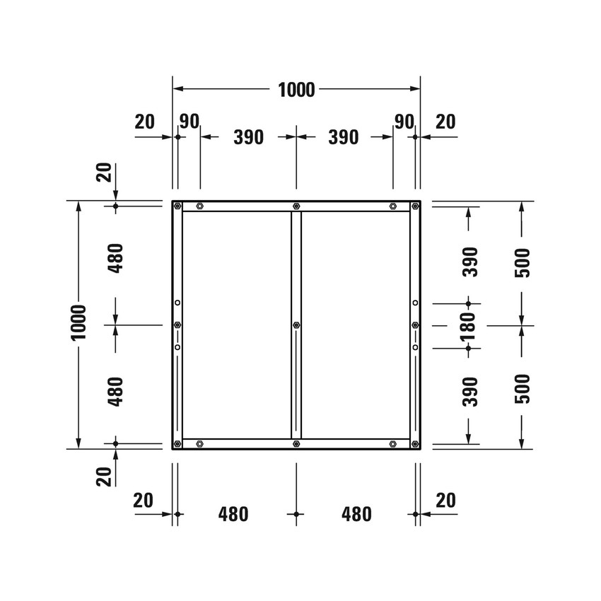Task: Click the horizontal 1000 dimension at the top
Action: coord(296,90)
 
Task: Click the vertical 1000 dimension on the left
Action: coord(78,322)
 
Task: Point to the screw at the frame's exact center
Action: coord(296,325)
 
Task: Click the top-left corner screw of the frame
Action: coord(177,206)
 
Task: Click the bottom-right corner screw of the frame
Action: coord(415,444)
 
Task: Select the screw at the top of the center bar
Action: coord(296,206)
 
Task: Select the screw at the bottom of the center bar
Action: coord(296,444)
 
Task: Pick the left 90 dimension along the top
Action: coord(189,121)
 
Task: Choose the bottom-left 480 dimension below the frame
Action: coord(234,514)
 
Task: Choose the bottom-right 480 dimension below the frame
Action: coord(356,514)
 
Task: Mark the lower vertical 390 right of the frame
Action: coord(469,391)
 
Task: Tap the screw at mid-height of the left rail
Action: coord(177,325)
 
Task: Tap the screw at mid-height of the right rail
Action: coord(415,325)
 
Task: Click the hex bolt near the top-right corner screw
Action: coord(392,206)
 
